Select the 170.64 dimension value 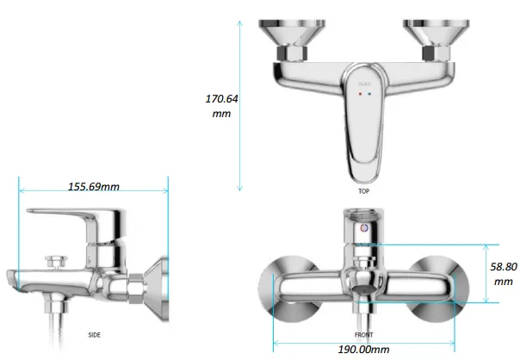pyautogui.click(x=221, y=99)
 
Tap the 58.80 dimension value pyautogui.click(x=504, y=266)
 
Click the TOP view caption pyautogui.click(x=364, y=191)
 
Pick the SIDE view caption pyautogui.click(x=96, y=334)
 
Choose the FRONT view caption pyautogui.click(x=364, y=334)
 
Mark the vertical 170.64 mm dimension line pyautogui.click(x=240, y=103)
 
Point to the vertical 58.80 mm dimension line pyautogui.click(x=487, y=272)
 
